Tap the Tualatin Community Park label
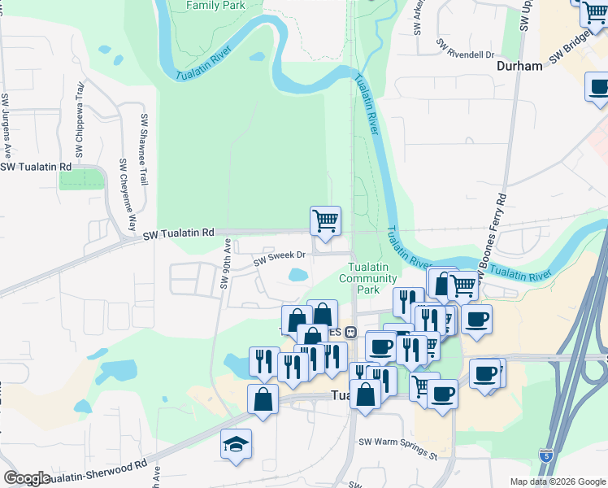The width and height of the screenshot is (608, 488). coord(369,279)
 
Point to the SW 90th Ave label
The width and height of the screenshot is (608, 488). coord(225,264)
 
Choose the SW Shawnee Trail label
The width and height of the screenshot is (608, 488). coord(143,148)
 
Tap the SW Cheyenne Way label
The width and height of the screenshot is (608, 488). coord(127,195)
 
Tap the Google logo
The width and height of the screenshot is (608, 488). coord(27,478)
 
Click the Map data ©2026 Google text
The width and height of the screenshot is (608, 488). coord(558,481)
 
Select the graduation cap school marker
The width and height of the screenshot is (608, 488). coord(236,444)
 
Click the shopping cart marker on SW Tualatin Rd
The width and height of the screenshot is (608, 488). coord(325,220)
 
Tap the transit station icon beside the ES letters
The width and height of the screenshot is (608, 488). coord(351,332)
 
